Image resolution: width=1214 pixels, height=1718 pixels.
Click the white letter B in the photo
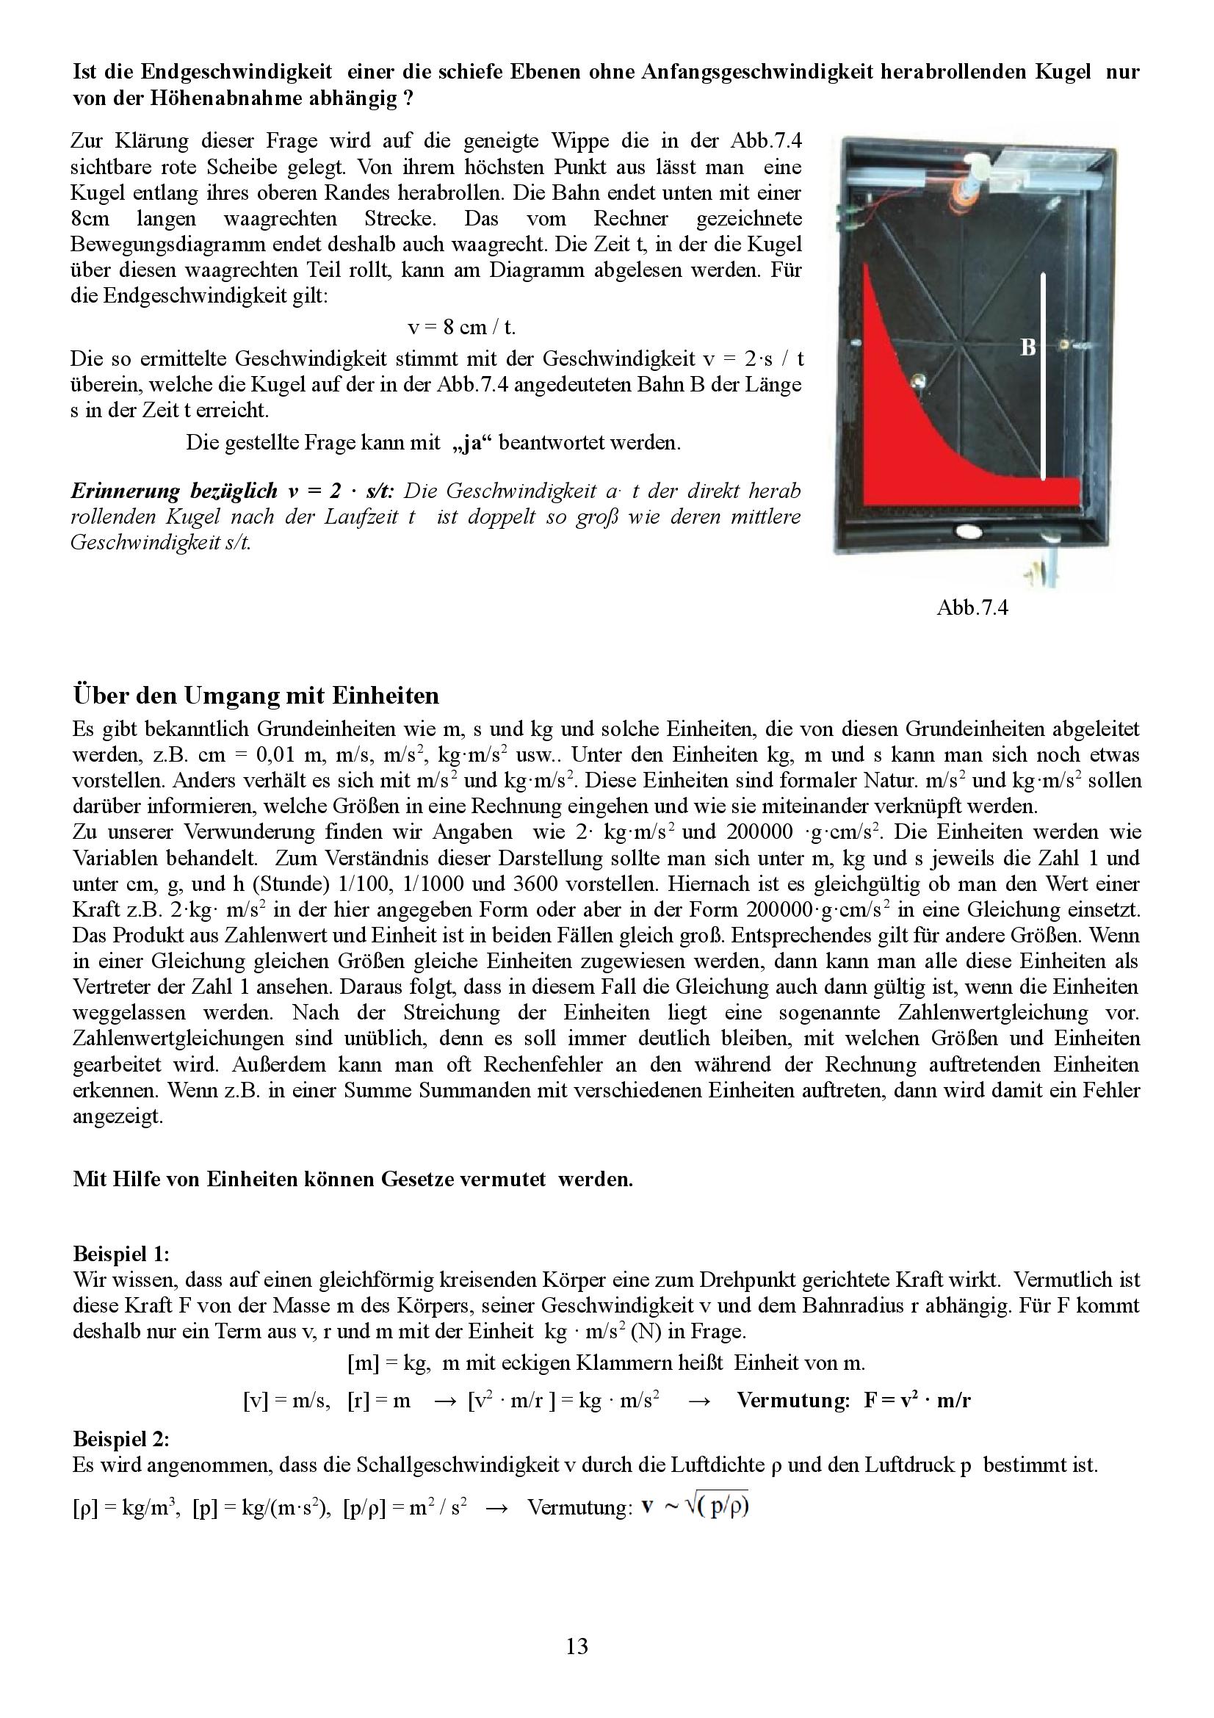coord(1028,347)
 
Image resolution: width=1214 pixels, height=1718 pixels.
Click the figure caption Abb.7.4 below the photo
coord(972,607)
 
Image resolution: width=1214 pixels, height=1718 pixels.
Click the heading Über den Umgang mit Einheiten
coord(256,696)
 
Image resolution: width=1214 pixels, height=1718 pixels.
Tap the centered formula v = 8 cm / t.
coord(461,327)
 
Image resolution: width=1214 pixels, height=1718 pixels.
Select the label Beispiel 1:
coord(121,1253)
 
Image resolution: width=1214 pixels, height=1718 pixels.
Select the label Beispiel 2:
coord(121,1439)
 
